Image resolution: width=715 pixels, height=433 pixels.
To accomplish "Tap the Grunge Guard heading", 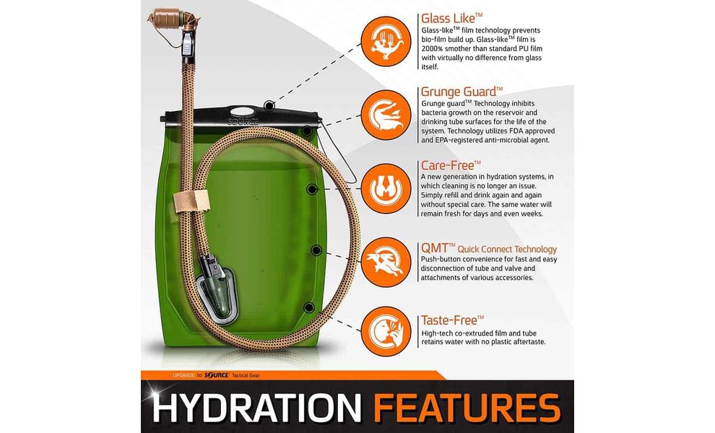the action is point(462,92).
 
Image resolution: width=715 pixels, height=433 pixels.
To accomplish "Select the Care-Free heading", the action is point(451,165).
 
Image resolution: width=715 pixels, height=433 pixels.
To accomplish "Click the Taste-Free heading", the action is point(452,320).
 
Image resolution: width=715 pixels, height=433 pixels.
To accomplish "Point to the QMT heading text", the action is point(489,248).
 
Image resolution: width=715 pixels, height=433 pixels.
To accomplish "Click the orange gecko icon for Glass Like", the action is point(386,41).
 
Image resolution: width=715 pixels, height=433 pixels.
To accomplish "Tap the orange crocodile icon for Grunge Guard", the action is point(386,115).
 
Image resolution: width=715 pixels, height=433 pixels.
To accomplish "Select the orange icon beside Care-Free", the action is point(386,188).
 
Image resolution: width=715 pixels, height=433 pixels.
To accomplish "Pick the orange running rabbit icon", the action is point(386,262).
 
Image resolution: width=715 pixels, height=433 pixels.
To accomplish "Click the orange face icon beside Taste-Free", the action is point(386,331).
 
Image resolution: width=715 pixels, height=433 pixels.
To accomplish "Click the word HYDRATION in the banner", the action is point(256,407).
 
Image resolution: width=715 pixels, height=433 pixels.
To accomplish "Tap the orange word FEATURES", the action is point(467,407).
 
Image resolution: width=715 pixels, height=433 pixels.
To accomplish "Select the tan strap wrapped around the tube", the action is point(191,202).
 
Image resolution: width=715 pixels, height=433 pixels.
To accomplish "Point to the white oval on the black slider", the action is point(243,111).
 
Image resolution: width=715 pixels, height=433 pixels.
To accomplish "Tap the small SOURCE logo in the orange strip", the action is point(216,375).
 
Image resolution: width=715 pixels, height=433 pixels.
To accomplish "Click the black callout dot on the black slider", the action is point(269,106).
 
